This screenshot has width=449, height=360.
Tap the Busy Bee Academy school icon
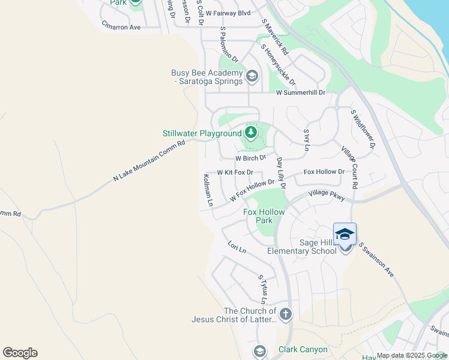point(252,76)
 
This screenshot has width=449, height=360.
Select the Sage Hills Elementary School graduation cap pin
point(345,234)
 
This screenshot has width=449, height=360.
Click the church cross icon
point(286,313)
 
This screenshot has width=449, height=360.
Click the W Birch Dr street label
point(250,158)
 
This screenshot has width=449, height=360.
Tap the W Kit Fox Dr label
point(235,172)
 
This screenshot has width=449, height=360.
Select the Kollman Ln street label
point(208,190)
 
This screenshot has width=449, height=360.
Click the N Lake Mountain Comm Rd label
point(153,161)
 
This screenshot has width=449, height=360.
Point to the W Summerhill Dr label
point(300,92)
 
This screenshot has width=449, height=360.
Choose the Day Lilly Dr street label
point(280,173)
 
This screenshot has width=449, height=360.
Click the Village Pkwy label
point(327,194)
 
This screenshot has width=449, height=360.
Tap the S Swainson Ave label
point(376,260)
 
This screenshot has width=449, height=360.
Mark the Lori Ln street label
point(237,247)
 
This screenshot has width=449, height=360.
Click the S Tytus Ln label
point(262,289)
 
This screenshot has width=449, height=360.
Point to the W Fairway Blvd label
point(228,13)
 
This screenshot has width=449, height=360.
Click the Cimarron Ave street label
point(121,27)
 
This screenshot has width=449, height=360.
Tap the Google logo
point(20,353)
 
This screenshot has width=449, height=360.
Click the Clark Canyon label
point(303,349)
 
